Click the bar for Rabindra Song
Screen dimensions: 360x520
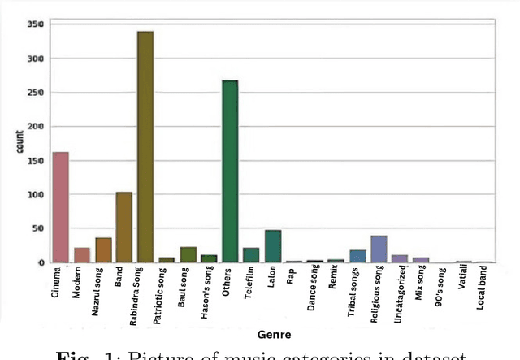click(145, 147)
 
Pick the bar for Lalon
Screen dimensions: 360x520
click(272, 247)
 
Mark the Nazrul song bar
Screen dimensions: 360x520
click(103, 250)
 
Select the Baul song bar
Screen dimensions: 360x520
click(188, 255)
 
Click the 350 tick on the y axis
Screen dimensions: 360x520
click(35, 25)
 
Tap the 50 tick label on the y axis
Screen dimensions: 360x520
click(38, 229)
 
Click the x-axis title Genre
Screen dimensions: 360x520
click(274, 334)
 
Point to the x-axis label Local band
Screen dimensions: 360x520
click(484, 288)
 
